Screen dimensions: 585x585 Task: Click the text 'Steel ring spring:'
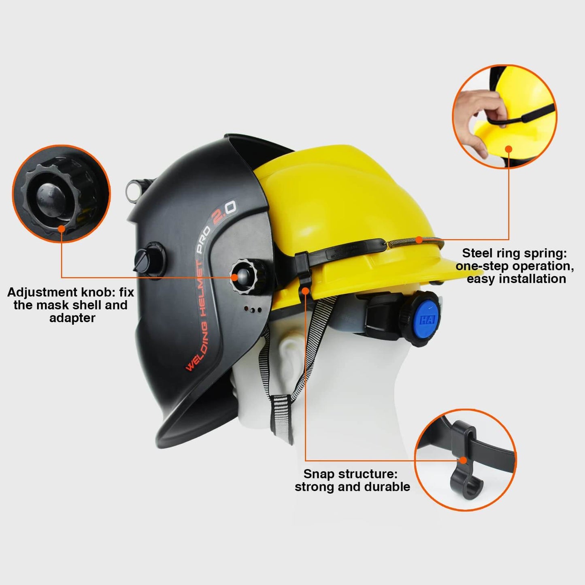click(x=514, y=253)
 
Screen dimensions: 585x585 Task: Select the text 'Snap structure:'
click(x=350, y=474)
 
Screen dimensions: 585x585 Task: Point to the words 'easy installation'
click(x=517, y=279)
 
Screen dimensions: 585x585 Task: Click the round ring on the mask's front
click(x=133, y=191)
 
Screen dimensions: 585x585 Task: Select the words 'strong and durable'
click(x=353, y=487)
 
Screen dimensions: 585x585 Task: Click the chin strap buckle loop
click(x=281, y=415)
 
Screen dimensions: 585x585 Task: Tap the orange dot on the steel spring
click(x=419, y=240)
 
